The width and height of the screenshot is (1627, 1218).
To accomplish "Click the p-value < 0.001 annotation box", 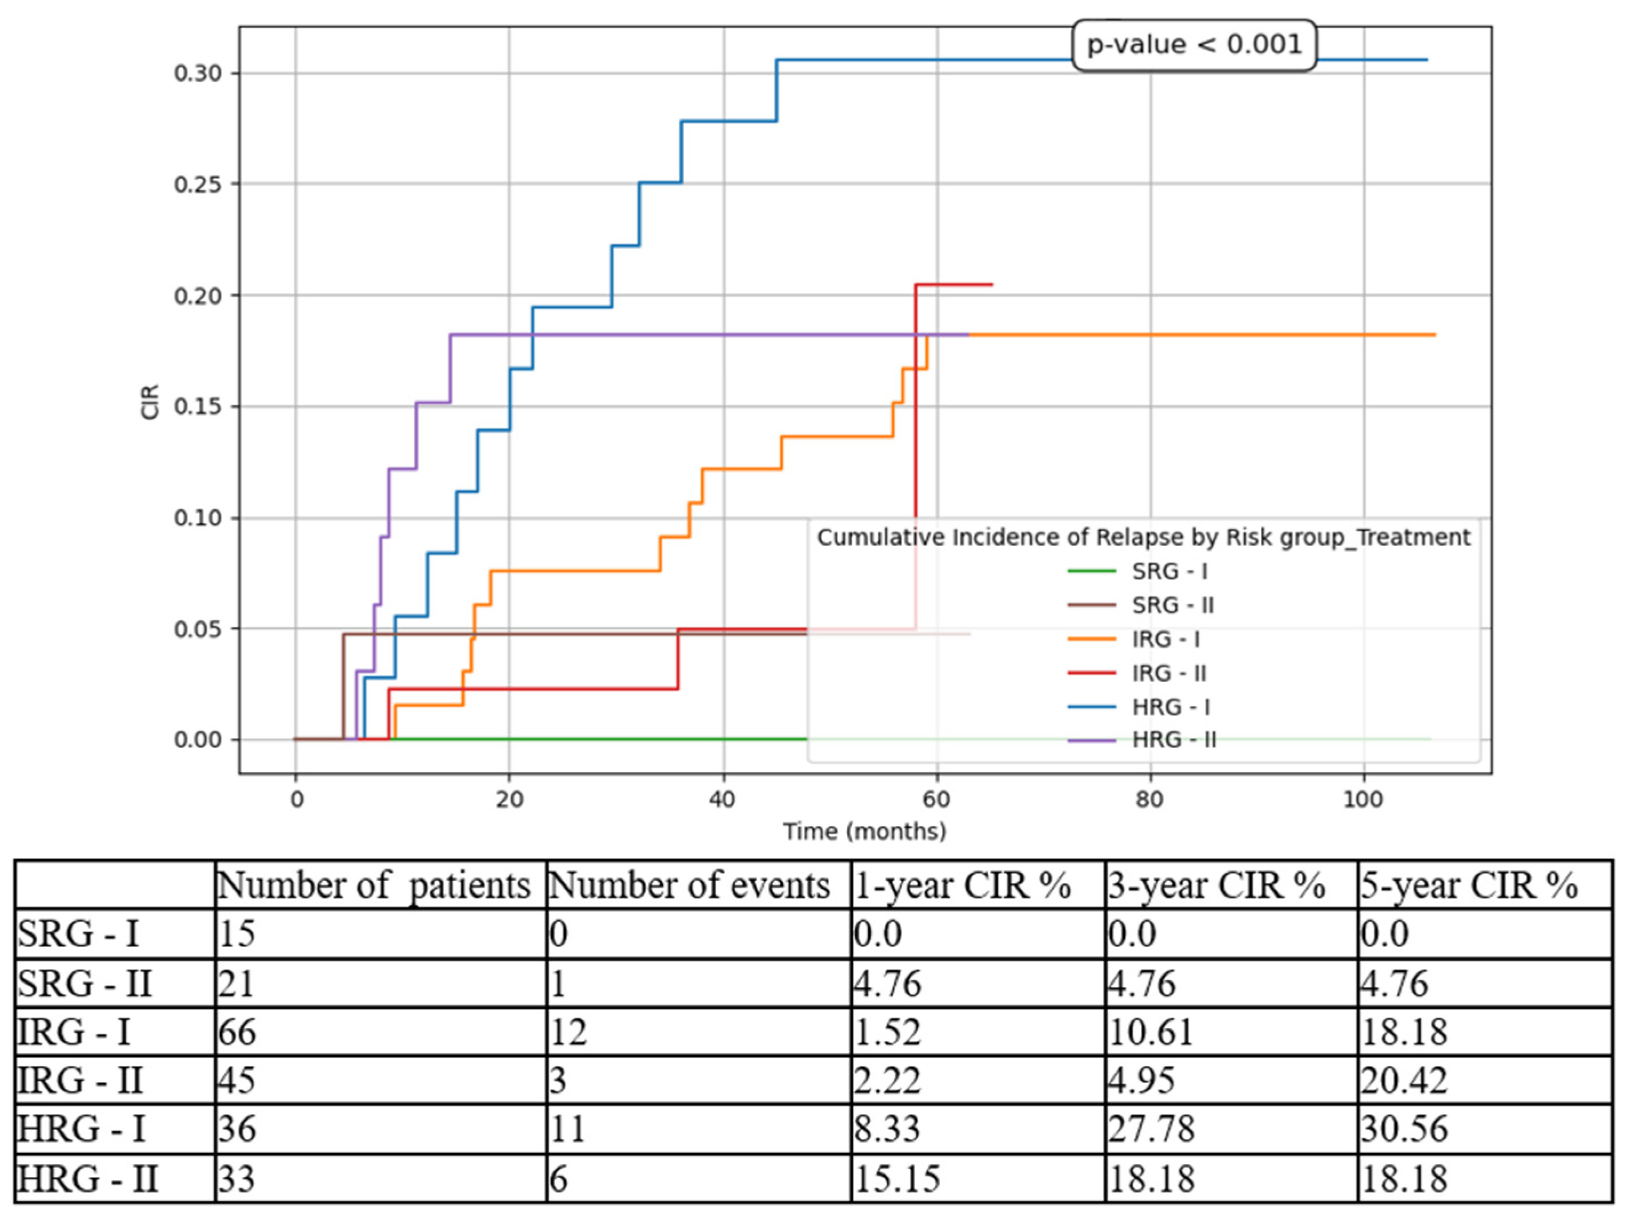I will [1194, 45].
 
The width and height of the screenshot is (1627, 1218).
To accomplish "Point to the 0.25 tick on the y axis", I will [197, 184].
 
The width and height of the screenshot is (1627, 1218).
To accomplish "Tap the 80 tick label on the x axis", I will [1149, 799].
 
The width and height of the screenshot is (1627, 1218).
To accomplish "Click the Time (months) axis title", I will [864, 832].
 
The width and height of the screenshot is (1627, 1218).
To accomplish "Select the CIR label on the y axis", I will [150, 402].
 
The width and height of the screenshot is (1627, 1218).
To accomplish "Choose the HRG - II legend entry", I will [1174, 740].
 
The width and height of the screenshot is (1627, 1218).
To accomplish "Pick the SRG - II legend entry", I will [1172, 605].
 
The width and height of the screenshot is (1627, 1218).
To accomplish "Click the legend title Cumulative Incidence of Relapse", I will [1143, 537].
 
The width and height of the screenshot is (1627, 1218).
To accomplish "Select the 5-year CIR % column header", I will [1468, 885].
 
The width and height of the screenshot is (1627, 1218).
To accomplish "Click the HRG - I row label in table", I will [82, 1129].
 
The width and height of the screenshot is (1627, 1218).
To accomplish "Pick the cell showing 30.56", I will [1404, 1129].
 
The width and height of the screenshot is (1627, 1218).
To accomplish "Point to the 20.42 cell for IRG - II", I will [1404, 1080].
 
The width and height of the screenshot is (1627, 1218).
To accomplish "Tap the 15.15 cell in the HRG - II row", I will [897, 1178].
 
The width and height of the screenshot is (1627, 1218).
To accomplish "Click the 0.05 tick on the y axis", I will [197, 629].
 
